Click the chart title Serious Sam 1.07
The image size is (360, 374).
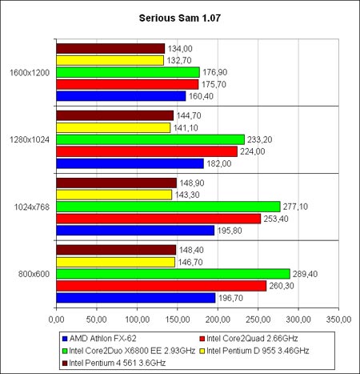(180, 18)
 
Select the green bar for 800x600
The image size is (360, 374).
(173, 274)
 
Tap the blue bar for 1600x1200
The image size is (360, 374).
(121, 96)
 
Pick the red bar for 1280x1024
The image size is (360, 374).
(146, 151)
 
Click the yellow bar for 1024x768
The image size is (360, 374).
(114, 195)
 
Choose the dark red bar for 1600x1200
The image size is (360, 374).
(110, 49)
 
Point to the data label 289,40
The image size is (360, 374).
(305, 274)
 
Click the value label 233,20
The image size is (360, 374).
(259, 139)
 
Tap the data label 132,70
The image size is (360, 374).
(179, 61)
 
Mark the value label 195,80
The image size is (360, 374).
(230, 231)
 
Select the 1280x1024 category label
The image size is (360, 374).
(30, 139)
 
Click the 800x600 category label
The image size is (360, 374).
(34, 274)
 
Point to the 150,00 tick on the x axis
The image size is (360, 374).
(178, 320)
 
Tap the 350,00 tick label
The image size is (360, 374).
(338, 320)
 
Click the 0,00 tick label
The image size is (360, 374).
(57, 320)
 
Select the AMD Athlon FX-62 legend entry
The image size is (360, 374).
(99, 339)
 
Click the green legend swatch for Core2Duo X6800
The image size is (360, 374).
(65, 351)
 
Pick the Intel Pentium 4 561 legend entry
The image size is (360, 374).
(114, 363)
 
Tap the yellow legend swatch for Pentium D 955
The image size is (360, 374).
(202, 351)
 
